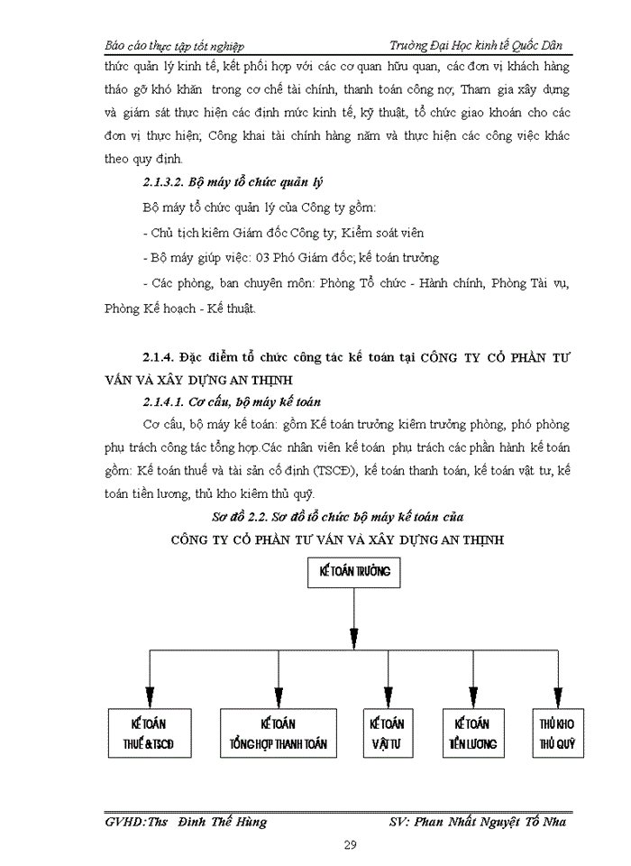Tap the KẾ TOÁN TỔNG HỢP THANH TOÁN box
click(279, 734)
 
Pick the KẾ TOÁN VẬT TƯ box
click(387, 734)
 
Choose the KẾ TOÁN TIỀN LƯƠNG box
click(472, 734)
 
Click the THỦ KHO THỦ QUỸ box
click(557, 734)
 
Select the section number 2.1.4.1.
click(169, 401)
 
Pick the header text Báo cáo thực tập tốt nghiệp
click(174, 45)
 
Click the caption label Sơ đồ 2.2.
click(243, 517)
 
